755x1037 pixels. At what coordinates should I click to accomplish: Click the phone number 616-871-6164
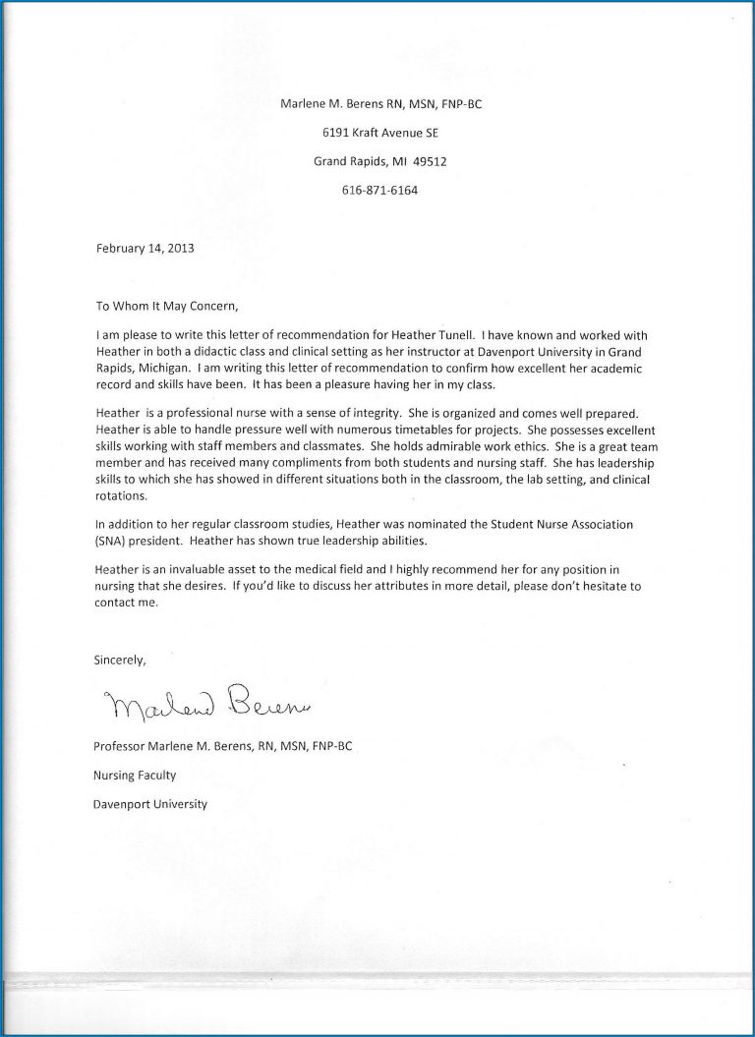[x=377, y=191]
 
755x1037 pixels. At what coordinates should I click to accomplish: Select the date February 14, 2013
[x=145, y=249]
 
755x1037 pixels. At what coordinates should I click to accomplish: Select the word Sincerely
[x=120, y=660]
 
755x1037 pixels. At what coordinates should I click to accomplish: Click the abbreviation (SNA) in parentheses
[x=110, y=542]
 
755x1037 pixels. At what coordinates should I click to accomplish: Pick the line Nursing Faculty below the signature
[x=136, y=776]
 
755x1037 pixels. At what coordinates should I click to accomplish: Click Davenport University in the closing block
[x=150, y=804]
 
